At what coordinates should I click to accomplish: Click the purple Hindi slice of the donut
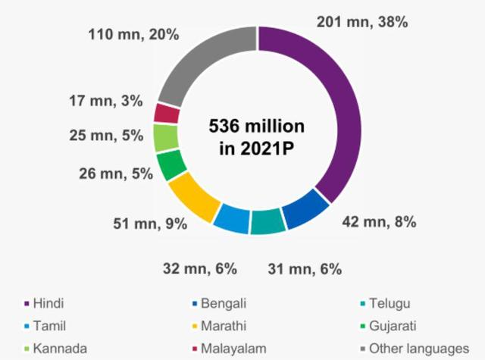(x=333, y=106)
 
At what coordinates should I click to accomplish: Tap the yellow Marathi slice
(x=193, y=196)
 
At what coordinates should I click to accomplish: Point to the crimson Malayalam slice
(x=166, y=114)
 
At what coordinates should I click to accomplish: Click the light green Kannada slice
(x=164, y=138)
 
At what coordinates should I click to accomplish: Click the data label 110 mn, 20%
(x=133, y=34)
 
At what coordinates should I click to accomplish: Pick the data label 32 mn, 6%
(x=202, y=268)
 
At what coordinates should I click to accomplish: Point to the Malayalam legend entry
(x=236, y=349)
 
